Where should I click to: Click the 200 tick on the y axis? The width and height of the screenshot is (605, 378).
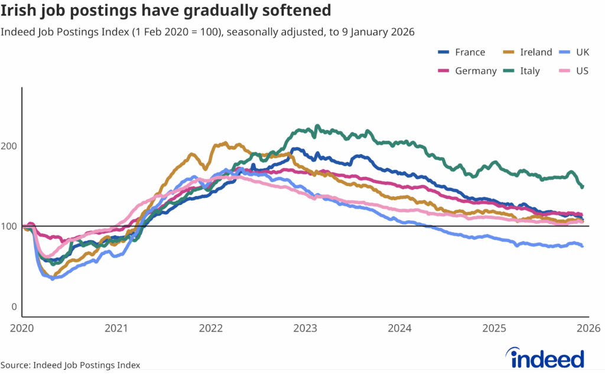11,146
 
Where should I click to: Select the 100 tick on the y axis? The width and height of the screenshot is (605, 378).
11,227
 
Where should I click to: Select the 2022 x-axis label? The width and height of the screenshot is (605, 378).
211,328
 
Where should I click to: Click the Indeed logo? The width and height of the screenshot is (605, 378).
547,358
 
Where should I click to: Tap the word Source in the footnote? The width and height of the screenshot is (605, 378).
16,365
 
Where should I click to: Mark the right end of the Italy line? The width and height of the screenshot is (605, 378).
583,187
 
